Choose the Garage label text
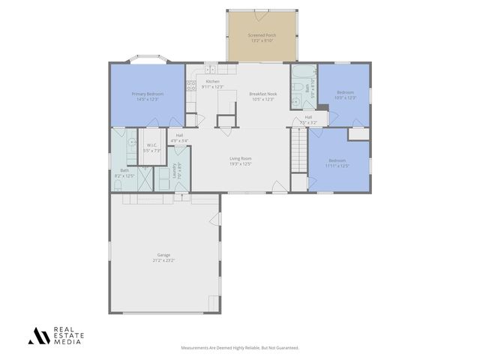(x=163, y=258)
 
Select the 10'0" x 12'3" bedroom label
(x=345, y=94)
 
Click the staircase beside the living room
(x=298, y=150)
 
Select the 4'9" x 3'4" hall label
(x=179, y=138)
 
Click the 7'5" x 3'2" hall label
(x=308, y=119)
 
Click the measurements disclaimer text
(x=240, y=348)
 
